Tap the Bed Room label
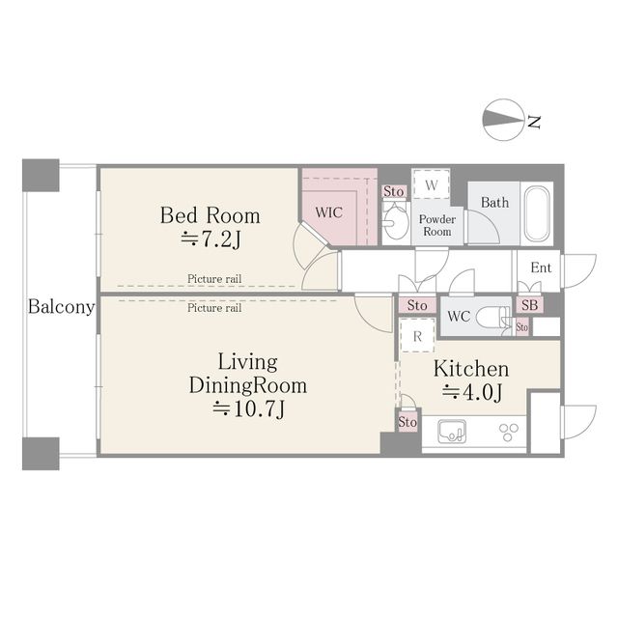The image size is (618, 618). (x=211, y=215)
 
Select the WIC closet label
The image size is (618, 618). (x=328, y=212)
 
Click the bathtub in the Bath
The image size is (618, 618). (x=537, y=213)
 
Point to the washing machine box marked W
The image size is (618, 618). (x=432, y=184)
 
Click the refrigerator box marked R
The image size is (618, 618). (x=417, y=336)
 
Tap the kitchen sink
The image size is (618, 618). (x=452, y=431)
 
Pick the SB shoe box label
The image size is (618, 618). (x=529, y=305)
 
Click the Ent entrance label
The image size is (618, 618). (x=541, y=268)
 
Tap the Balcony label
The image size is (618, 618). (x=61, y=307)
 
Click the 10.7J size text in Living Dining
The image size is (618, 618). (x=249, y=408)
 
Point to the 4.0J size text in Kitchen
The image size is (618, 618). (x=472, y=392)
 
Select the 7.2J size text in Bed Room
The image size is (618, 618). (x=211, y=239)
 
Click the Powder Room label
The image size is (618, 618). (x=437, y=225)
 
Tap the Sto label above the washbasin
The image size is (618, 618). (x=393, y=191)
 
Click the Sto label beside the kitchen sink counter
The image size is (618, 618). (x=407, y=422)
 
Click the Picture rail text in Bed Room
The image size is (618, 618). (x=214, y=279)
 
